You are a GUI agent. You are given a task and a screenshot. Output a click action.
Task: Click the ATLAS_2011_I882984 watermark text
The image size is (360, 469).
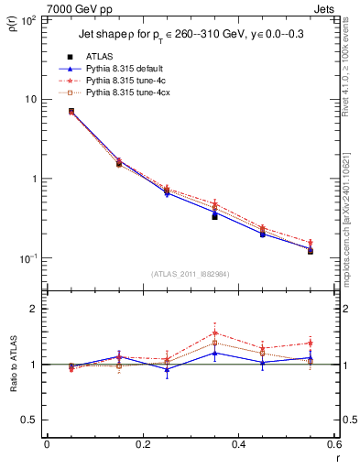pyautogui.click(x=189, y=273)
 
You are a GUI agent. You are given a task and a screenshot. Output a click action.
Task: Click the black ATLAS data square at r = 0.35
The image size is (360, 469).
pyautogui.click(x=214, y=216)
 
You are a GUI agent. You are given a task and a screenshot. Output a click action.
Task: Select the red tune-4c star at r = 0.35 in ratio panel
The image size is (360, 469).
pyautogui.click(x=214, y=333)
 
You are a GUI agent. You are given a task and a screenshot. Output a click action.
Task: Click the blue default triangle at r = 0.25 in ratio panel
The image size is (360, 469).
pyautogui.click(x=167, y=368)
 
